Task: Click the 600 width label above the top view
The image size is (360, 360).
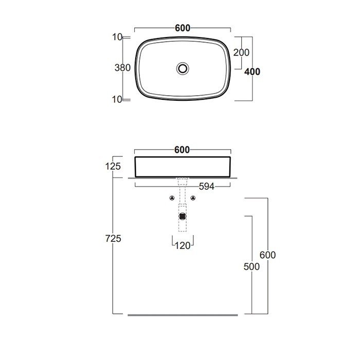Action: tap(183, 28)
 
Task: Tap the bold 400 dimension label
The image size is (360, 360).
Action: tap(252, 72)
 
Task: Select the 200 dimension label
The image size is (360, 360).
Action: tap(241, 52)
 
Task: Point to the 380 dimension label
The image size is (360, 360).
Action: tap(122, 68)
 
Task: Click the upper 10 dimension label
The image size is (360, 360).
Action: tap(117, 37)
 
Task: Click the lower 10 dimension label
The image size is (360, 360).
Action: tap(117, 99)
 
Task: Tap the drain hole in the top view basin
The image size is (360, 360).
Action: tap(183, 68)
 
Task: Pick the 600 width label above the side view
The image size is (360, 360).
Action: tap(182, 150)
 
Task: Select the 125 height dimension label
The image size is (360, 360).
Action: tap(113, 167)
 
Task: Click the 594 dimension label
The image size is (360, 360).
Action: tap(207, 187)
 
